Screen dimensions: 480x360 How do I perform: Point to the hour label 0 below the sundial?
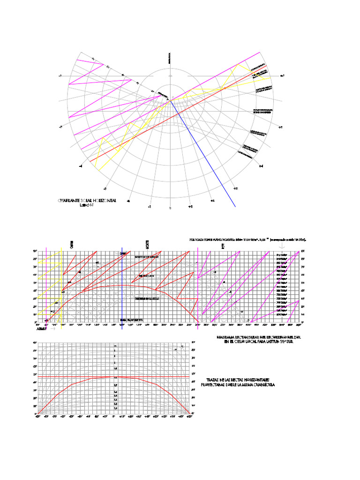(170, 208)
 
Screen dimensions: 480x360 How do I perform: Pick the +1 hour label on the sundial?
(191, 206)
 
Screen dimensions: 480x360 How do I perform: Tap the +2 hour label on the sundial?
(212, 200)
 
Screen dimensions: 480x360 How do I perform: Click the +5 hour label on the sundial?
(280, 127)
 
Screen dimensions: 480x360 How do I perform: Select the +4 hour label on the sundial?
(261, 165)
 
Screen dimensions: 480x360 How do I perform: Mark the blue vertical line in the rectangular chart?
(122, 286)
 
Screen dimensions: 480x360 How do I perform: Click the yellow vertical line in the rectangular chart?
(61, 286)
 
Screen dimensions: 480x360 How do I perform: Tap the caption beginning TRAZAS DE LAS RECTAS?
(240, 382)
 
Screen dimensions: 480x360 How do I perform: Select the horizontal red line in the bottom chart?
(114, 376)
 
